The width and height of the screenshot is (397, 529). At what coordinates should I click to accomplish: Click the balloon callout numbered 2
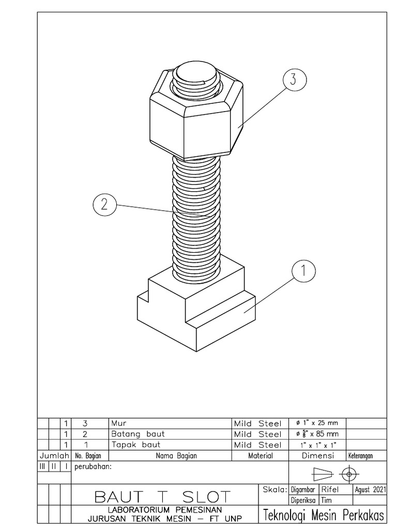pos(104,204)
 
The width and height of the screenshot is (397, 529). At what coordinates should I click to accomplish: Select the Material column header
pos(261,456)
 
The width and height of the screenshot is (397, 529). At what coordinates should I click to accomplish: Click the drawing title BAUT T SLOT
pos(162,497)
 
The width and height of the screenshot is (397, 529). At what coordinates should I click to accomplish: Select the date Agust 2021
pos(370,489)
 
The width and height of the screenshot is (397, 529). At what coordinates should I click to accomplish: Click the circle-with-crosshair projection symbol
pos(349,473)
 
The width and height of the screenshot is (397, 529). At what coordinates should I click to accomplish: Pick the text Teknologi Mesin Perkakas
pos(324,515)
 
